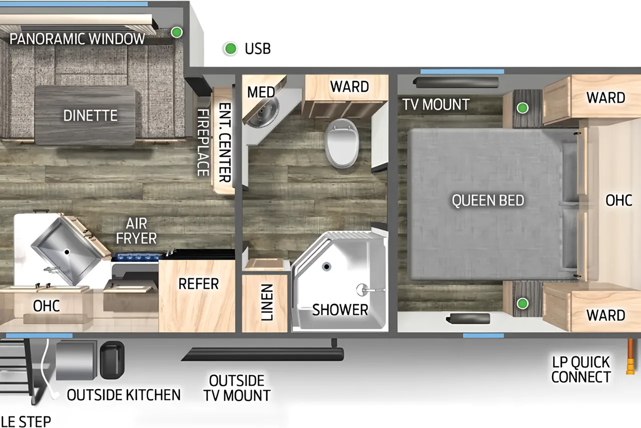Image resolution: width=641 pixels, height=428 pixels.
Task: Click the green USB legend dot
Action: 230,49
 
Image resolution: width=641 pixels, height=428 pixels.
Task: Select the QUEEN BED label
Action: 488,200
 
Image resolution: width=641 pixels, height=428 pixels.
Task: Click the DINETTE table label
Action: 91,115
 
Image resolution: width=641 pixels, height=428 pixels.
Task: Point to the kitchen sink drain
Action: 67,252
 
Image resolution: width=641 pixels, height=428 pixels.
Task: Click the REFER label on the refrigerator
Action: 198,284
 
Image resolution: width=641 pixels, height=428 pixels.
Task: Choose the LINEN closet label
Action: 267,302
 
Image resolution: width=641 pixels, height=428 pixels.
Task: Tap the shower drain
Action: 327,267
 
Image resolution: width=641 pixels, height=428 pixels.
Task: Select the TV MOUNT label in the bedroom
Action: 436,104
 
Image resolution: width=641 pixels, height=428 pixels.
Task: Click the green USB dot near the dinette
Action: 177,32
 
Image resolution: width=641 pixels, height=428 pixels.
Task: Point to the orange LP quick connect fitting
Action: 630,356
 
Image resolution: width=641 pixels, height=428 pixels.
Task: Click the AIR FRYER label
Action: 136,231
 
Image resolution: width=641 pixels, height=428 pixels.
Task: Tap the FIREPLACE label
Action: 203,142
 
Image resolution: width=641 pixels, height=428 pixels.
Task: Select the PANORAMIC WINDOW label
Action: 77,39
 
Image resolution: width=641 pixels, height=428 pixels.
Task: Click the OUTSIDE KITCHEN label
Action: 124,395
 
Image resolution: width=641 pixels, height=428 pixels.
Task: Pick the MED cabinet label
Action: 261,92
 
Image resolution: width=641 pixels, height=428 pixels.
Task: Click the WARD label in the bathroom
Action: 350,87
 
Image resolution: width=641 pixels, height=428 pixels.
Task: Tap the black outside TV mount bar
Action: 262,354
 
